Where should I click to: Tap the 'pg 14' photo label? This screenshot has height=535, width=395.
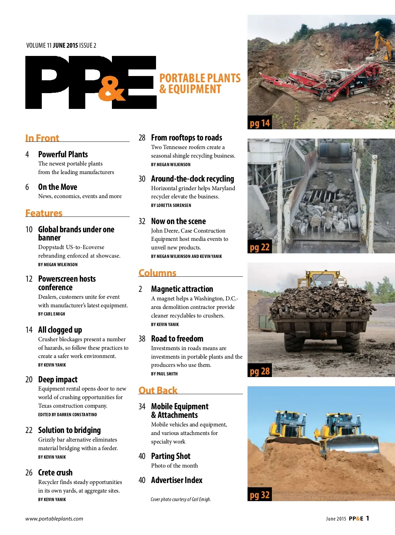(260, 123)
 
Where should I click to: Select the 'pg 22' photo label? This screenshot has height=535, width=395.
(260, 247)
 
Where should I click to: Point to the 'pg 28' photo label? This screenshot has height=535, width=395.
(260, 371)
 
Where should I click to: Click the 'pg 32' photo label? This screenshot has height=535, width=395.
(260, 495)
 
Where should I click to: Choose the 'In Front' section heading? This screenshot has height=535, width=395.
(42, 138)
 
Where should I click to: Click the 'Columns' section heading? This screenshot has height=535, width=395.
(157, 273)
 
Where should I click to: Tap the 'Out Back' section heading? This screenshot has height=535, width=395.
(158, 390)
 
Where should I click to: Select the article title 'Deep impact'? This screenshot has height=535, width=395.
(58, 379)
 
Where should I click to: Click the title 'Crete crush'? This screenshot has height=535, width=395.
(55, 472)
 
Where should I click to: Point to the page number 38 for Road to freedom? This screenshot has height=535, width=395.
(142, 339)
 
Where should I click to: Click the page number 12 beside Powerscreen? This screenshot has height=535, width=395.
(29, 279)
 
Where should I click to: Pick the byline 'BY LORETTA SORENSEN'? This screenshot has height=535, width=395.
(171, 205)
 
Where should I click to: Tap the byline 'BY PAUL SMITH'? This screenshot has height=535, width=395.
(164, 374)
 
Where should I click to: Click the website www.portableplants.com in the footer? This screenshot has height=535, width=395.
(54, 519)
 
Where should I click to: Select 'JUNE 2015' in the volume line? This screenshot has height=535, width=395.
(65, 45)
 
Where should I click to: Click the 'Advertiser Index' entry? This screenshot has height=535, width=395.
(177, 480)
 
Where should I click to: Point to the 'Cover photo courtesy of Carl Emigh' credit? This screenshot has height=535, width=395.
(181, 499)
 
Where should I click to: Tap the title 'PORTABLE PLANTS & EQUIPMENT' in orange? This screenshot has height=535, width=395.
(200, 84)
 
